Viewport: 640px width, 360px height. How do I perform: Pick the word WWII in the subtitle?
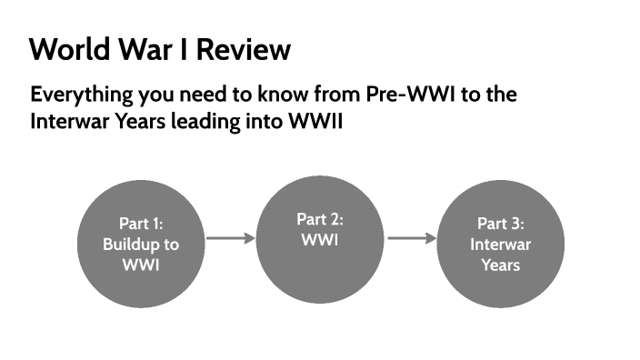pos(311,121)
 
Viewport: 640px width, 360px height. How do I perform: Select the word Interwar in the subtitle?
pos(65,121)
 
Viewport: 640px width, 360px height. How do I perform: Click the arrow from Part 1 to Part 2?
pos(231,239)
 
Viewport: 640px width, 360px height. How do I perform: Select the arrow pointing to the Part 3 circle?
pos(412,239)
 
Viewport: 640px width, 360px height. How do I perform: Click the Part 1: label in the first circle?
pos(140,224)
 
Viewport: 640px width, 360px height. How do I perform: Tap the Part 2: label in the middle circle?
pos(320,219)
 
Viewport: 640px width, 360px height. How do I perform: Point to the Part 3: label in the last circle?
pos(501,224)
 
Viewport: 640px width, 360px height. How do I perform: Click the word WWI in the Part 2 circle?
pos(320,240)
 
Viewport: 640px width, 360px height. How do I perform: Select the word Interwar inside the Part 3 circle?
pos(501,245)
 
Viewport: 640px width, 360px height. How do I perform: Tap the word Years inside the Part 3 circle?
pos(501,265)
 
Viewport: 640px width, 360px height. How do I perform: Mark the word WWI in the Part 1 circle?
pos(140,265)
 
